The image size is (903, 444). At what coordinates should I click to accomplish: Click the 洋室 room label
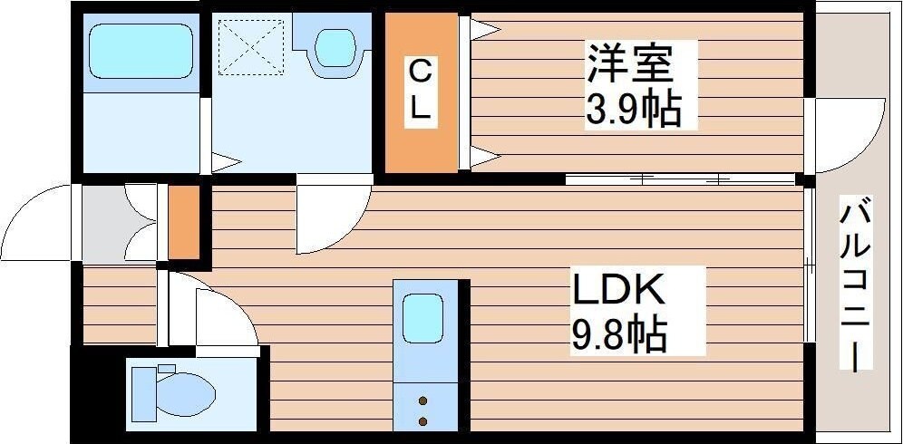pyautogui.click(x=629, y=63)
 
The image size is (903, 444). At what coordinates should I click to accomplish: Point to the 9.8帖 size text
pyautogui.click(x=618, y=336)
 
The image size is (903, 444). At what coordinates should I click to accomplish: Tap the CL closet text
pyautogui.click(x=420, y=90)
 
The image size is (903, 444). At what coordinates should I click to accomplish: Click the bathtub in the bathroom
pyautogui.click(x=141, y=50)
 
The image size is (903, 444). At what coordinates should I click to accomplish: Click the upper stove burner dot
pyautogui.click(x=422, y=399)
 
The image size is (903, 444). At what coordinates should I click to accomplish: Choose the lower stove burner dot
pyautogui.click(x=422, y=420)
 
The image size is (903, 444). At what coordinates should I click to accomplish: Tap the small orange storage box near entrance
pyautogui.click(x=183, y=222)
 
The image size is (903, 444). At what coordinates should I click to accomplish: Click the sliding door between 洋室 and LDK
pyautogui.click(x=680, y=179)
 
